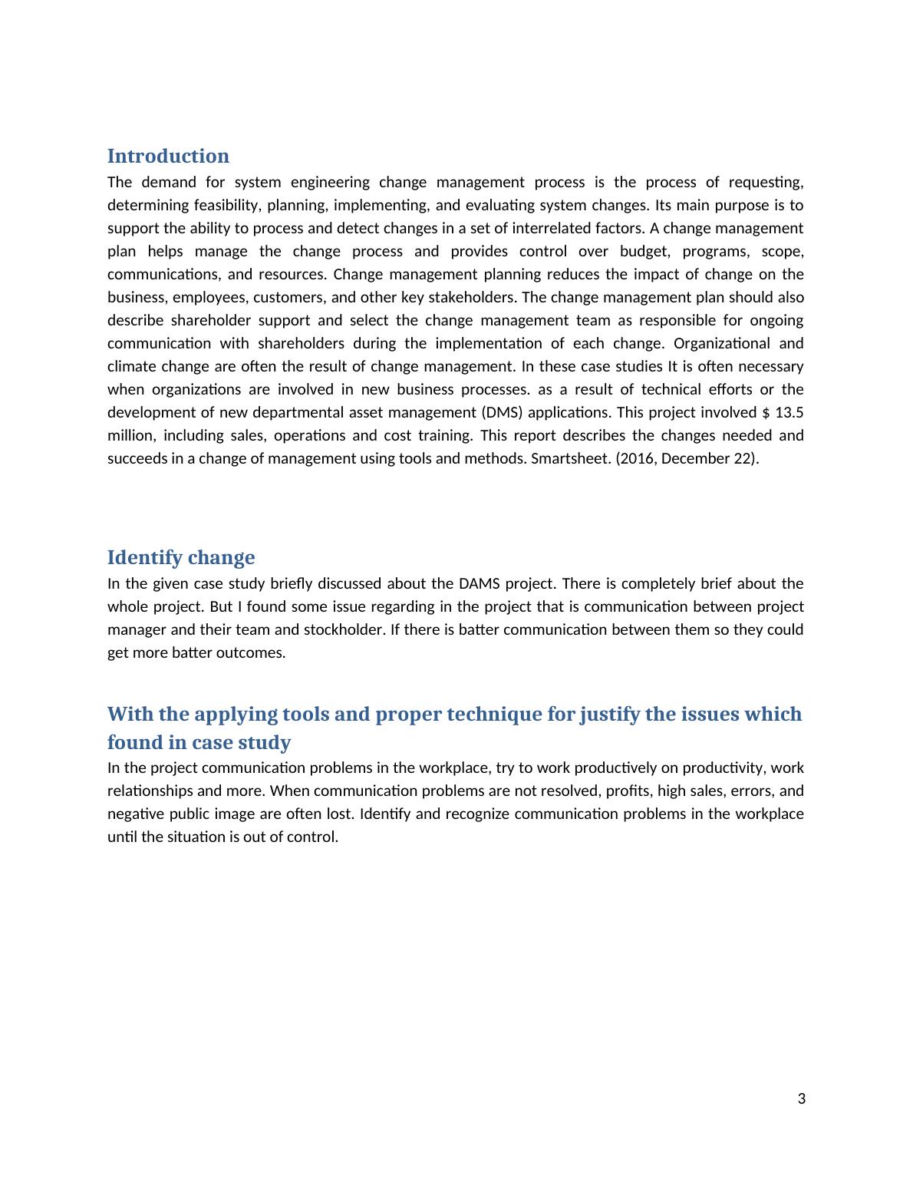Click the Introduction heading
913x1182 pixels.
(168, 156)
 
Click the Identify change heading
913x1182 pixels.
(181, 557)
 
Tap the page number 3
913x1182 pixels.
(802, 1099)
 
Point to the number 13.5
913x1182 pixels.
(789, 412)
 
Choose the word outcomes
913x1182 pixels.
(252, 652)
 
